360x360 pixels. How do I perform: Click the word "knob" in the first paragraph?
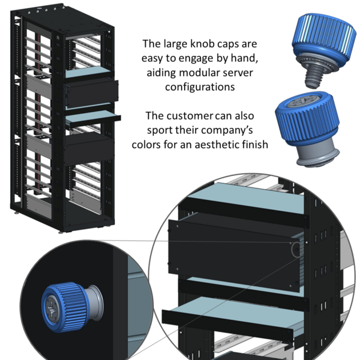[201, 44]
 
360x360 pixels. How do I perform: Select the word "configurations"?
[199, 87]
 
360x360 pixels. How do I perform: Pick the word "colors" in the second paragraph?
[148, 145]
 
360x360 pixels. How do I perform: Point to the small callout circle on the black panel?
[295, 249]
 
